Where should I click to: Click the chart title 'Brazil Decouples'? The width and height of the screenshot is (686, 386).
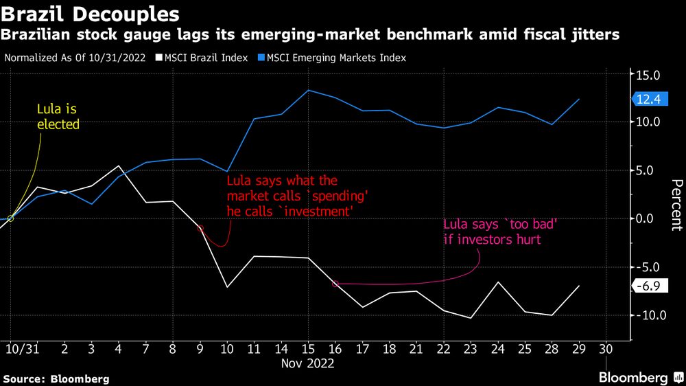tap(91, 13)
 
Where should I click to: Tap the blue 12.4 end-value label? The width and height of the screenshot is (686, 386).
tap(647, 100)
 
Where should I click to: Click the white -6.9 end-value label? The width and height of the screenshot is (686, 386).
tap(647, 286)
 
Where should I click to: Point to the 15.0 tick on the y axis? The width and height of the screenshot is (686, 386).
tap(648, 75)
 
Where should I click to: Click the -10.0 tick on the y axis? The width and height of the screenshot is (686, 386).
tap(647, 315)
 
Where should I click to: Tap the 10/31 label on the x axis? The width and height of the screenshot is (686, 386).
tap(21, 349)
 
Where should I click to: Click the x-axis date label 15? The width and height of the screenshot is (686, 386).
tap(309, 349)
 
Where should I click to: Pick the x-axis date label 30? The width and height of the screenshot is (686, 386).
tap(606, 349)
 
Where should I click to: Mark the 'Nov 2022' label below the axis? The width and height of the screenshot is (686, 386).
tap(307, 364)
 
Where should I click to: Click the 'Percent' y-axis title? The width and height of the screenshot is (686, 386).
tap(676, 205)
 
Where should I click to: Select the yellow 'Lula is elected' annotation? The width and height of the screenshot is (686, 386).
tap(58, 117)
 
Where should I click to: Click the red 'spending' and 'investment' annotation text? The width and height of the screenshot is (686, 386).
tap(294, 196)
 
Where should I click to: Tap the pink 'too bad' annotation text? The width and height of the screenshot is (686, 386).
tap(493, 232)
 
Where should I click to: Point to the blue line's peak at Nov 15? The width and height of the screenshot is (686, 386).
tap(309, 91)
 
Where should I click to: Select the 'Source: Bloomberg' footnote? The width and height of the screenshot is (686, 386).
tap(56, 378)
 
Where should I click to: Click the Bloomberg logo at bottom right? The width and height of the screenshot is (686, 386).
tap(640, 377)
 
